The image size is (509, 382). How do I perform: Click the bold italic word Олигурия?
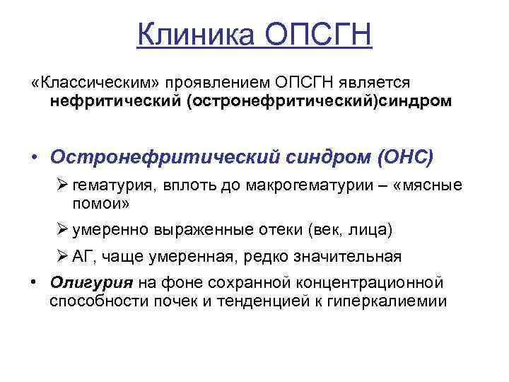point(91,284)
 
